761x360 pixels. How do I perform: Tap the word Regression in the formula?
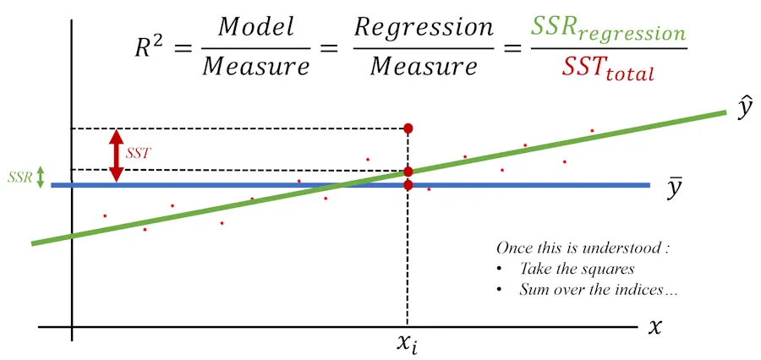click(424, 26)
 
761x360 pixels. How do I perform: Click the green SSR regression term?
click(607, 32)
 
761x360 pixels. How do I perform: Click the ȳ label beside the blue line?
click(675, 189)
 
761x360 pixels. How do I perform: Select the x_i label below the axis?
click(408, 344)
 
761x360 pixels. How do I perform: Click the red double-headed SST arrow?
click(117, 155)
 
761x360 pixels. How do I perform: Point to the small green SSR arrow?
click(40, 178)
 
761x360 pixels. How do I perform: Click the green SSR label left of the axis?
click(19, 178)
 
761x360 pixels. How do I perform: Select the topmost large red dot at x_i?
click(408, 128)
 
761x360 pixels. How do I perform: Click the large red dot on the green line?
click(408, 172)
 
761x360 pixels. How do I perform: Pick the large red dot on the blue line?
click(408, 185)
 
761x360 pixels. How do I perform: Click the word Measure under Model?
click(255, 67)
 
